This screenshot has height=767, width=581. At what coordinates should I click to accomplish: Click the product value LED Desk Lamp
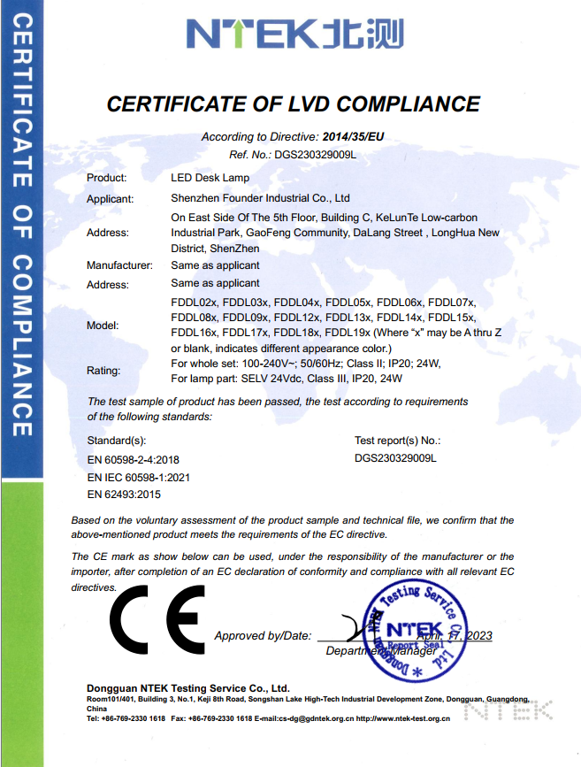[x=210, y=178]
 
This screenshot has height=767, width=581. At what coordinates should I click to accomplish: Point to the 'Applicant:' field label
[x=110, y=199]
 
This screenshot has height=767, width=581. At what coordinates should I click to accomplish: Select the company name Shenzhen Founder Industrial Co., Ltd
[x=260, y=198]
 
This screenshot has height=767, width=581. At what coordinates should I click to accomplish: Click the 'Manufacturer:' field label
[x=119, y=265]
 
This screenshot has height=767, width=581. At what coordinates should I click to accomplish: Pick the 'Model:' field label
[x=103, y=326]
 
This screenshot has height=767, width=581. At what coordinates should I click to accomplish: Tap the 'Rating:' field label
[x=103, y=371]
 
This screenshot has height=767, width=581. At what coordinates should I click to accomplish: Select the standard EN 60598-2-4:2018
[x=133, y=460]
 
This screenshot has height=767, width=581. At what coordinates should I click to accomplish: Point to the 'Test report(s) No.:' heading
[x=397, y=440]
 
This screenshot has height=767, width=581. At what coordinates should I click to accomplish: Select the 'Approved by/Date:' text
[x=263, y=636]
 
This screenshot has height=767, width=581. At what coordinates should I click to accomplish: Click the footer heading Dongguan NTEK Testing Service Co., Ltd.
[x=188, y=687]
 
